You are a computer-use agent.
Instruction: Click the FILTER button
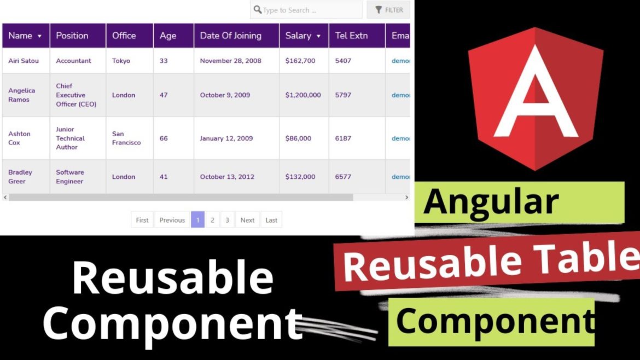388,10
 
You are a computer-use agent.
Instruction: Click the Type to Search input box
306,10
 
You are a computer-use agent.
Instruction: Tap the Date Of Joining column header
230,36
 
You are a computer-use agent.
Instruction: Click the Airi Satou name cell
24,61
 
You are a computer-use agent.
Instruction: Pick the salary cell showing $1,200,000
303,95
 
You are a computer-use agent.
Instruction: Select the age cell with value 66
164,138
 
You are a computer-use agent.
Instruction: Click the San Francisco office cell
126,138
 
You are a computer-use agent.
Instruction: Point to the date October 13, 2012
226,177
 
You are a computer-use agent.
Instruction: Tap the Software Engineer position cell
69,177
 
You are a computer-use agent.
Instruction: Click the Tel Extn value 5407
343,61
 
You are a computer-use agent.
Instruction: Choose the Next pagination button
247,220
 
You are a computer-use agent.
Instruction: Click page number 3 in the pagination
227,220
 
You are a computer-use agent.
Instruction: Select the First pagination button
142,220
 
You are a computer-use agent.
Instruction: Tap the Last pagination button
271,220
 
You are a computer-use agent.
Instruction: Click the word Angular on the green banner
491,202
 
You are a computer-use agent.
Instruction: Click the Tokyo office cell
121,61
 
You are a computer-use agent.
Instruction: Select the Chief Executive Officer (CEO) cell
76,95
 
